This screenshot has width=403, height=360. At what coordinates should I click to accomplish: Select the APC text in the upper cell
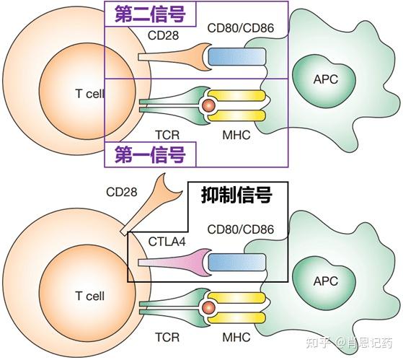[x=324, y=78]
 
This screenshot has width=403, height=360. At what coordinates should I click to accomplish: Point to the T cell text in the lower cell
[x=89, y=296]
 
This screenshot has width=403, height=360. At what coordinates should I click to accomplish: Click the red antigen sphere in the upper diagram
[x=208, y=106]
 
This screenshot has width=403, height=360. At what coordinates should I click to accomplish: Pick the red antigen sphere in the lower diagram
[x=208, y=308]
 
